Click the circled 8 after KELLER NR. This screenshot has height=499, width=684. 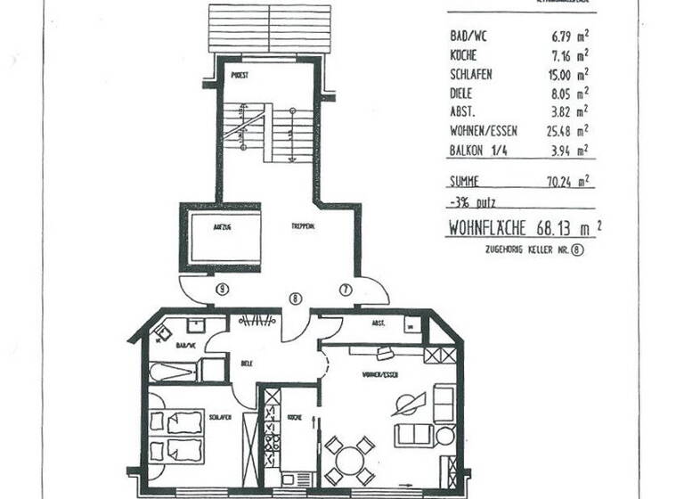(x=580, y=251)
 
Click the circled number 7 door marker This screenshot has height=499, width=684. (x=346, y=289)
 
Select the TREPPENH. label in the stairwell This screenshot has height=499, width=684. (x=302, y=227)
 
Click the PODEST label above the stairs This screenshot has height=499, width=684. (x=238, y=76)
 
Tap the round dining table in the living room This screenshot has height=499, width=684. (x=348, y=461)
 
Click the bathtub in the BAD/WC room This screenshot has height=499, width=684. (x=173, y=371)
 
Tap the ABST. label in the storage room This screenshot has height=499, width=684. (x=378, y=324)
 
